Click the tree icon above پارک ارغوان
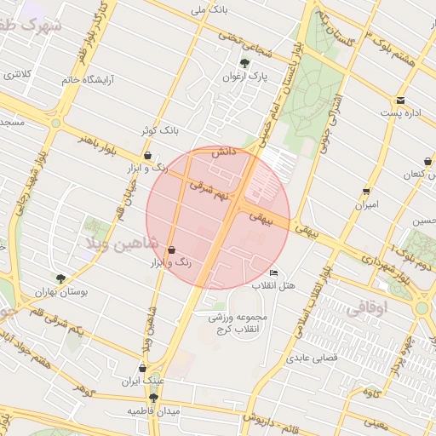pyautogui.click(x=245, y=63)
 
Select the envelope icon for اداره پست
pyautogui.click(x=400, y=100)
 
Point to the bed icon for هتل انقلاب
pyautogui.click(x=272, y=272)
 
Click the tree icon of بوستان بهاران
pyautogui.click(x=60, y=278)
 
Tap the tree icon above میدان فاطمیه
pyautogui.click(x=153, y=398)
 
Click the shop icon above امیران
pyautogui.click(x=366, y=192)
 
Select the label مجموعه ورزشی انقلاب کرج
pyautogui.click(x=238, y=323)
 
